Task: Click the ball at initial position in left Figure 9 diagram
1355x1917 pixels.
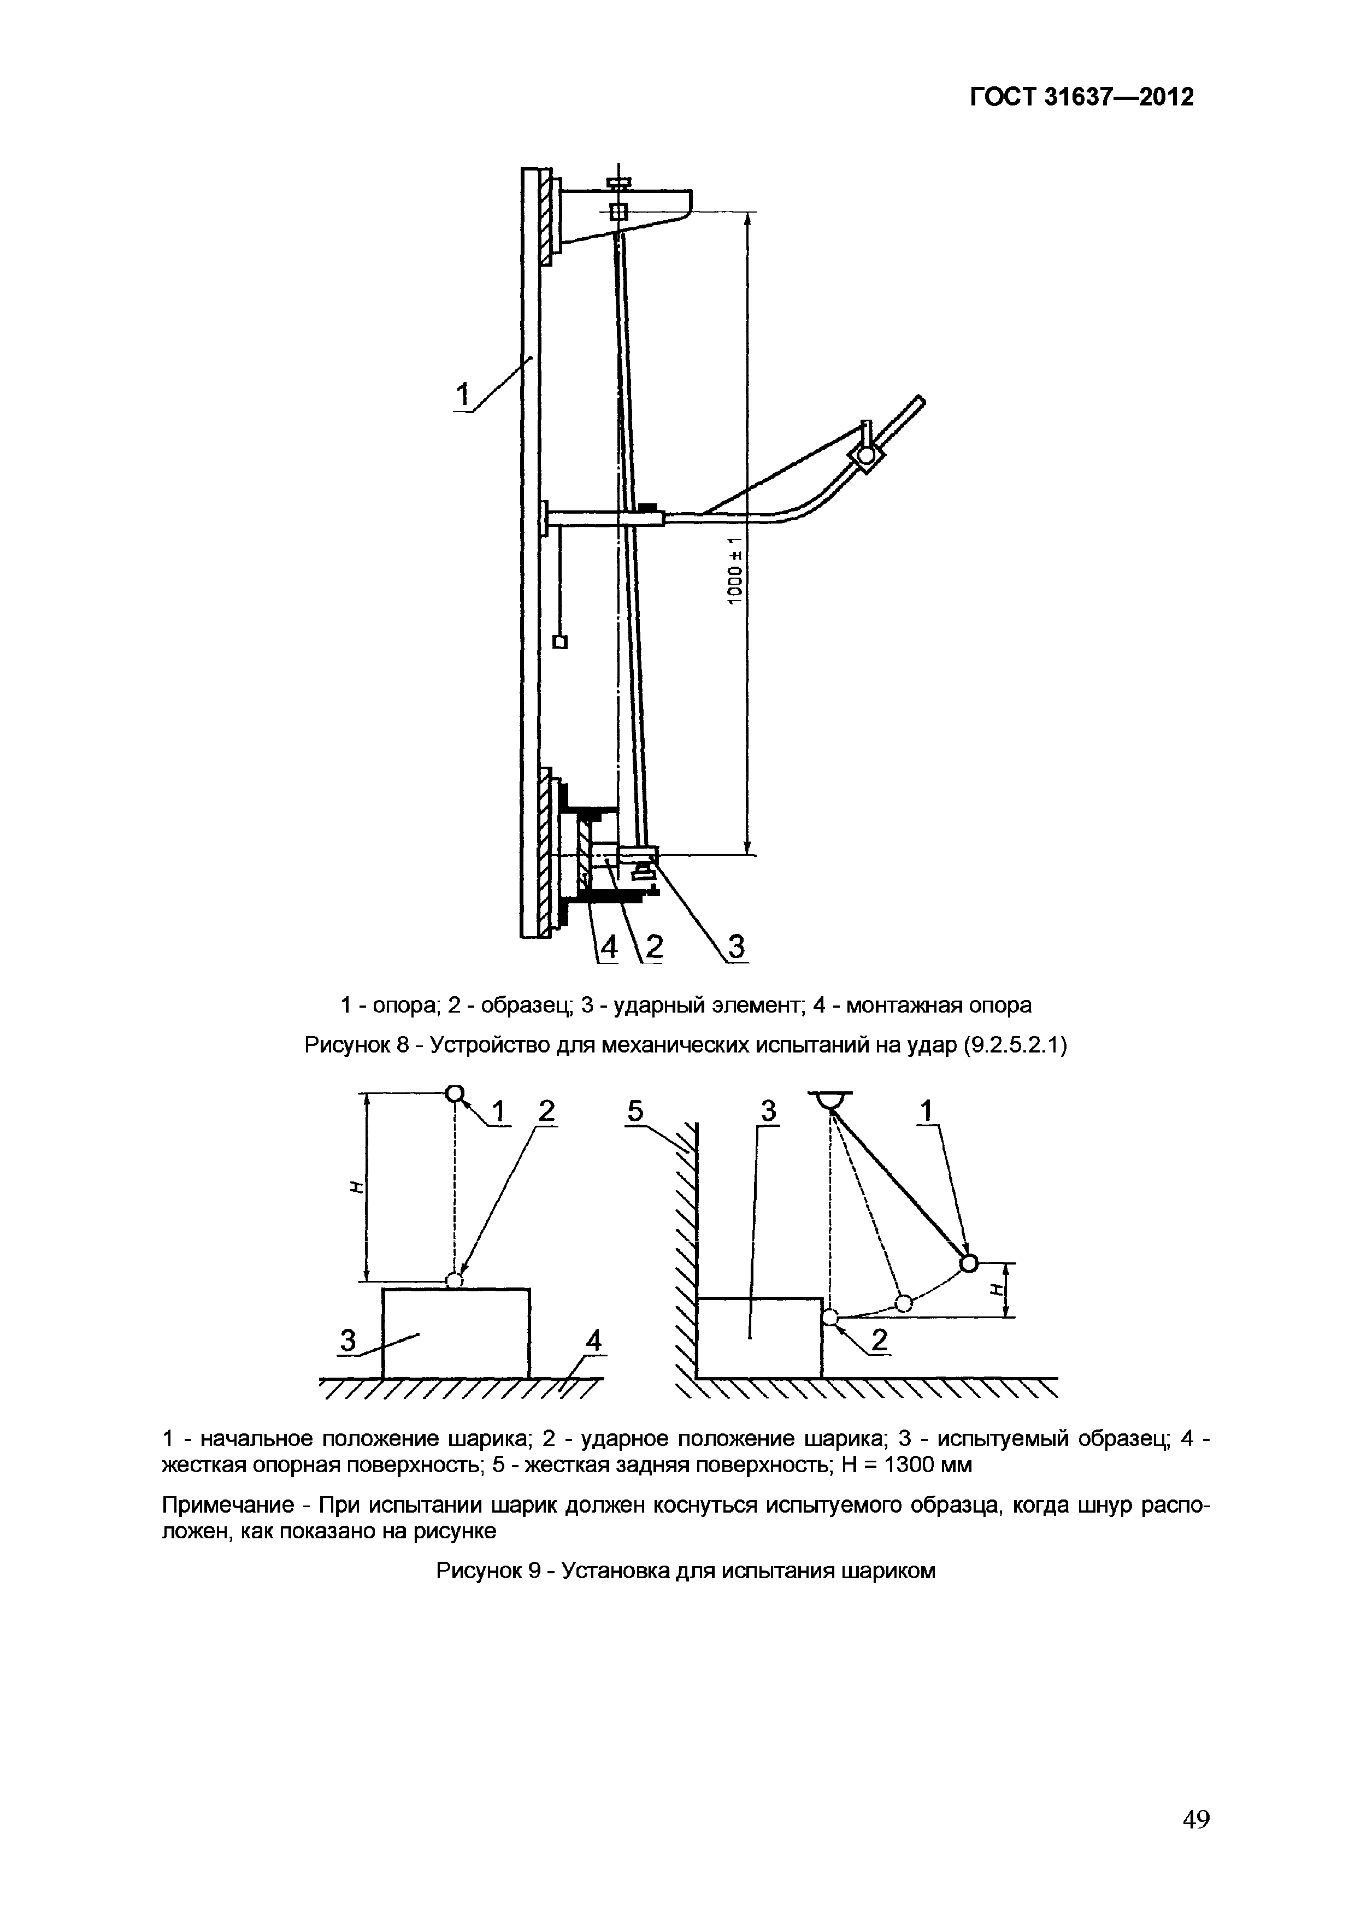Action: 455,1094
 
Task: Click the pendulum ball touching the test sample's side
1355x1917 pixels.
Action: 830,1318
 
